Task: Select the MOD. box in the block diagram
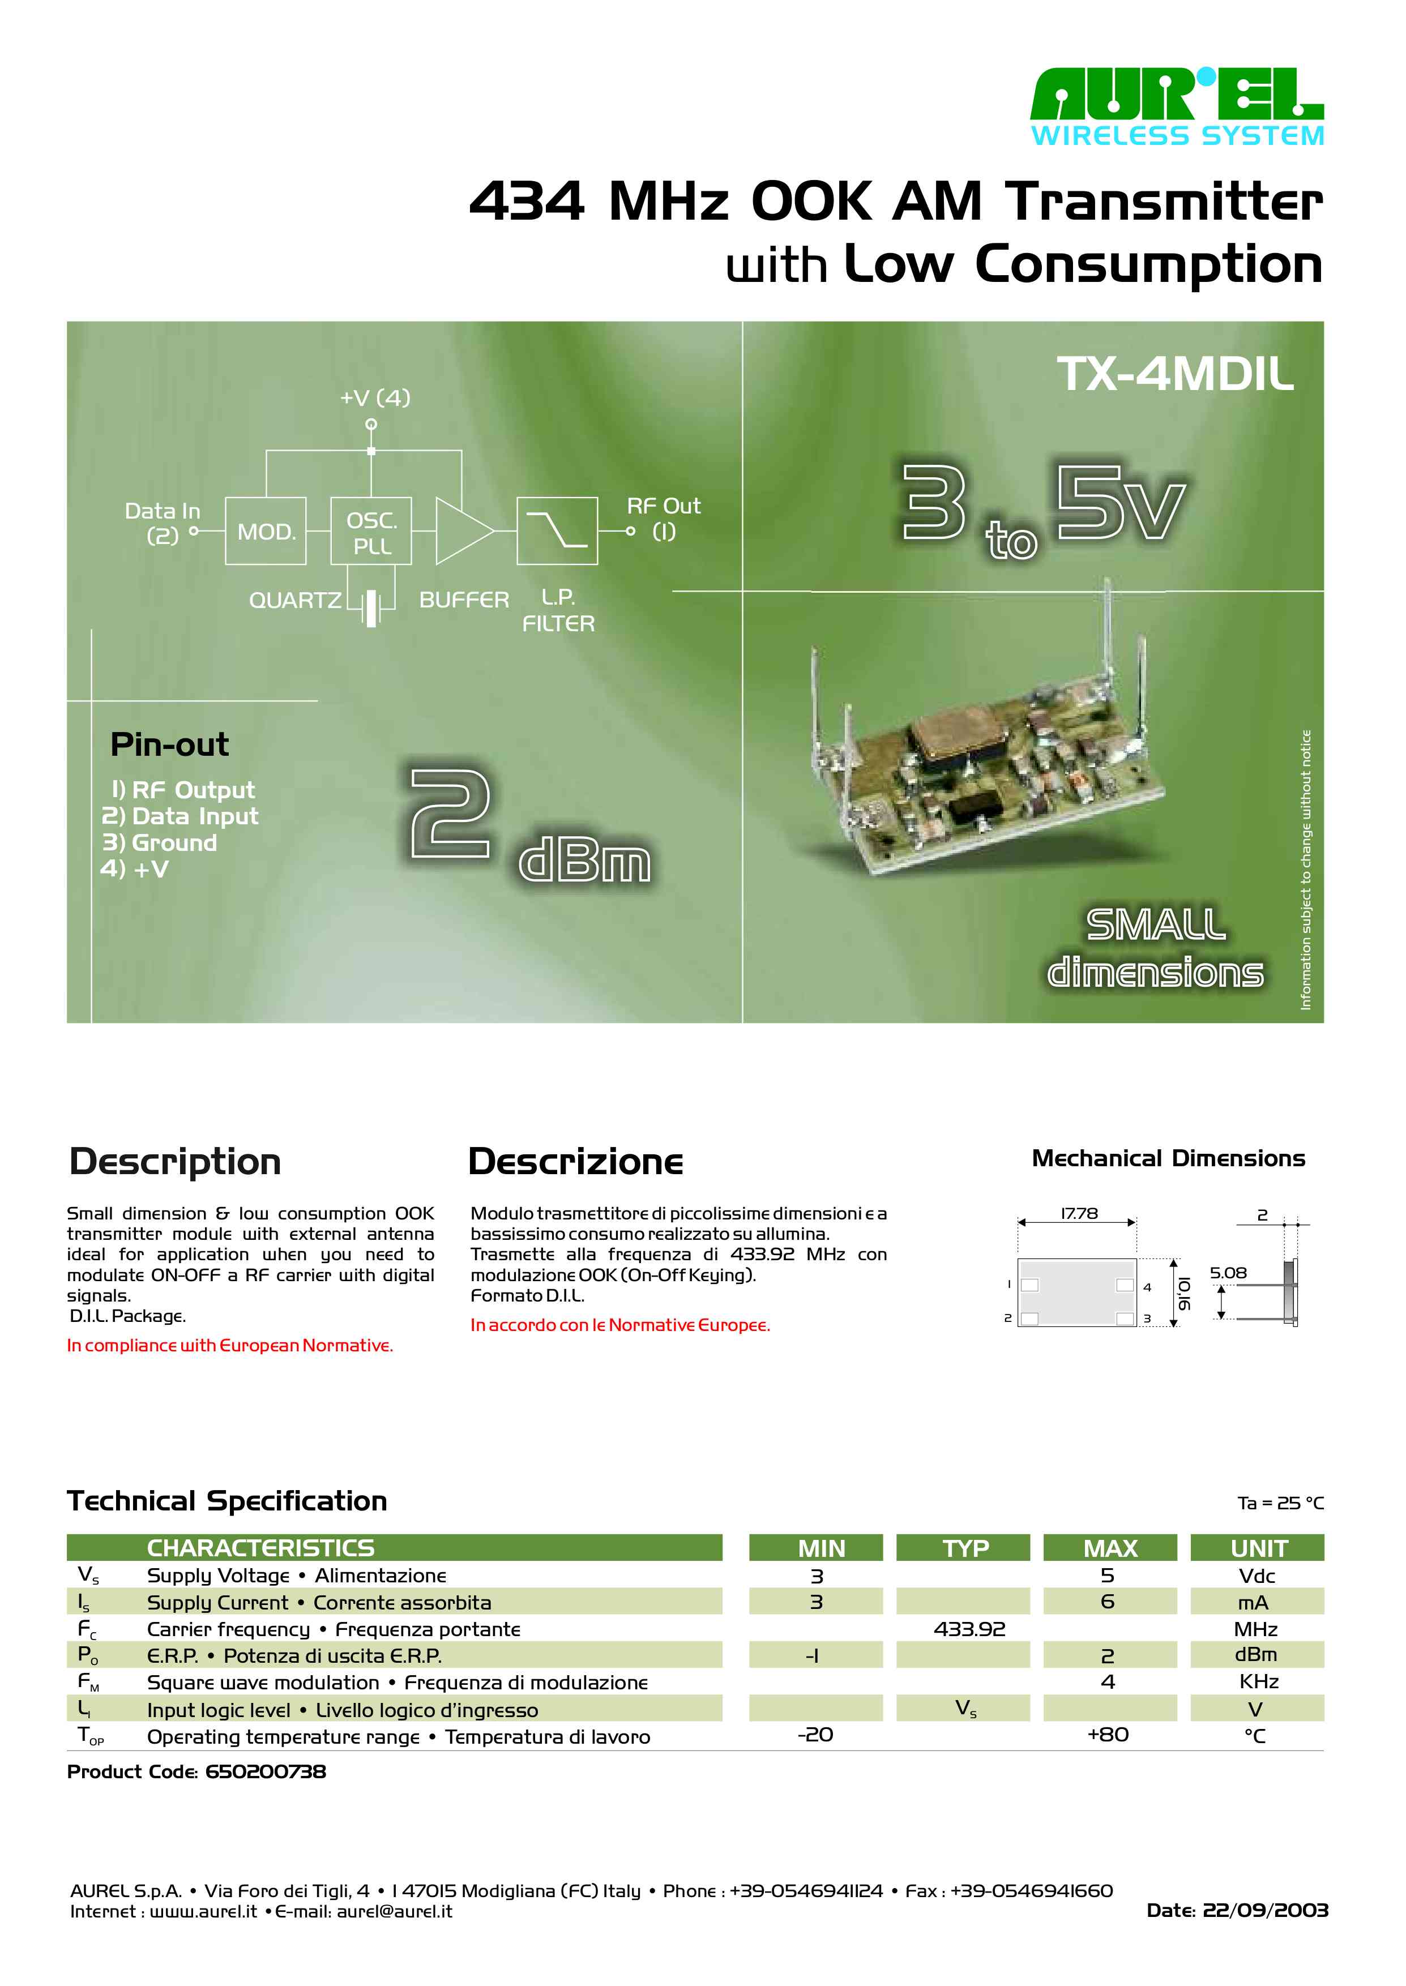[x=266, y=532]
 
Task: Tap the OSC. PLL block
[x=371, y=532]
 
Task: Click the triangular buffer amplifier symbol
[x=462, y=532]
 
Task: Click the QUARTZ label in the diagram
[x=295, y=601]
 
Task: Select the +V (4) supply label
[x=375, y=398]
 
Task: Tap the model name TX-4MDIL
[x=1175, y=375]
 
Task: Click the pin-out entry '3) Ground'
[x=160, y=843]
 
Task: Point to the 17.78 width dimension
[x=1079, y=1214]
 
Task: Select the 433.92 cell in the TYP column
[x=969, y=1629]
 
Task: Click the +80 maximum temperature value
[x=1108, y=1735]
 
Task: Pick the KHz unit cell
[x=1258, y=1682]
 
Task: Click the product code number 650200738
[x=266, y=1772]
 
